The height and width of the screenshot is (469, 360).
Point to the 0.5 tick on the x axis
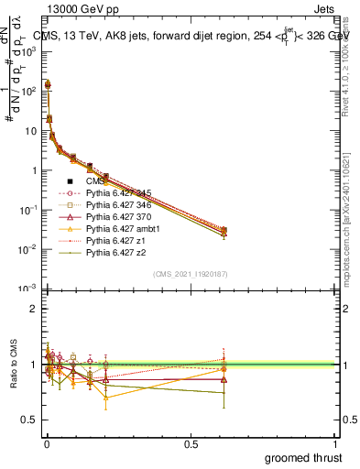(x=191, y=442)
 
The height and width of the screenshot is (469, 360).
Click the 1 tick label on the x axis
(x=336, y=442)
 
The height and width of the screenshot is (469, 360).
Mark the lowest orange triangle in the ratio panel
(x=106, y=398)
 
